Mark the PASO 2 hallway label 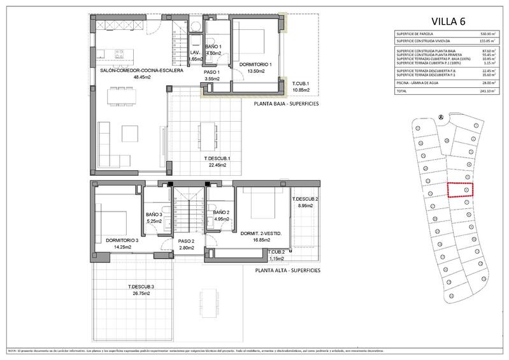coord(187,241)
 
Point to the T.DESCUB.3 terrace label coord(141,286)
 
